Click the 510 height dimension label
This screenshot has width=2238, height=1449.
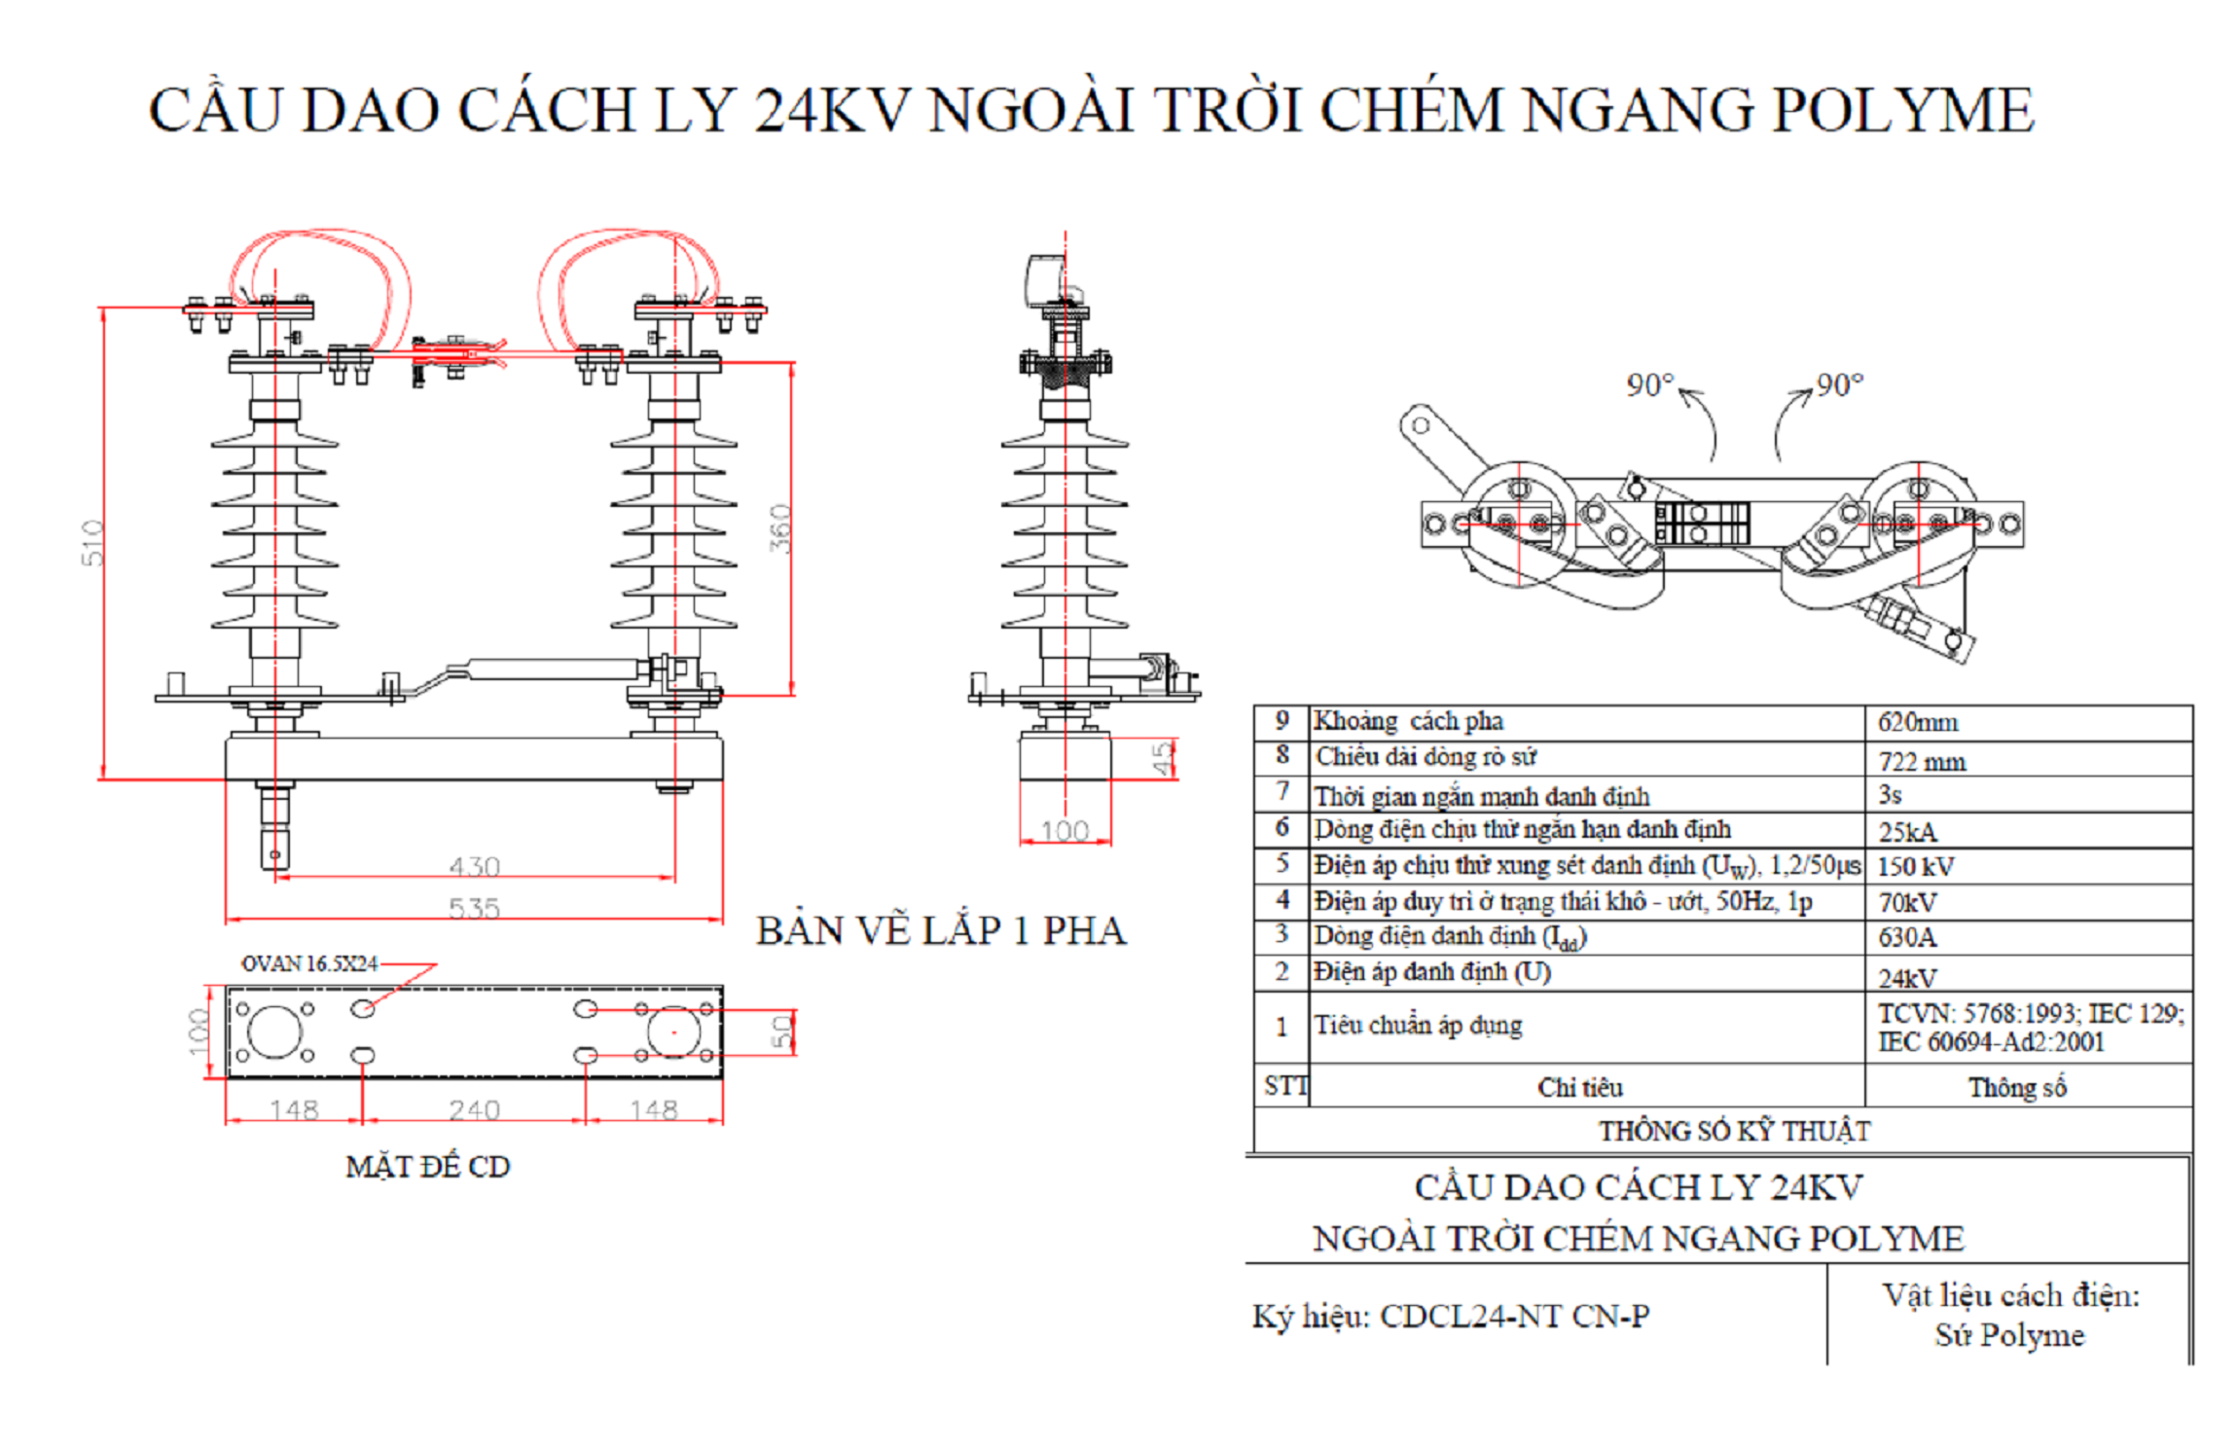(91, 542)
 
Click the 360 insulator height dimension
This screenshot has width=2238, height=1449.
(780, 528)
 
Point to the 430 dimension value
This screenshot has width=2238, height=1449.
(475, 866)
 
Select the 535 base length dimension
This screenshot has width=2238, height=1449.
(475, 908)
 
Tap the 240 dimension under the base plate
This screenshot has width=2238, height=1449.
(475, 1109)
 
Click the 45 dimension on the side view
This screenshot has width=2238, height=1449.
(1162, 758)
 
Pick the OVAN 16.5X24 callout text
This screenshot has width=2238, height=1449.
(309, 963)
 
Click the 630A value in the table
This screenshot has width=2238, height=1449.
(1907, 937)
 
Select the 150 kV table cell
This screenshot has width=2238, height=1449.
(1915, 866)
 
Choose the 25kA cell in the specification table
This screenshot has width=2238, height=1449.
(1907, 832)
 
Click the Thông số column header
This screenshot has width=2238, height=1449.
(2017, 1087)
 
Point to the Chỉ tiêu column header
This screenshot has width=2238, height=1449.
(1580, 1087)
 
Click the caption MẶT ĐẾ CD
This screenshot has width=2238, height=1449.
(427, 1166)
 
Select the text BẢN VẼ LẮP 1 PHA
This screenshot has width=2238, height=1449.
(941, 931)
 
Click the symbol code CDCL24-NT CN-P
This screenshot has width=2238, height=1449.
(1514, 1316)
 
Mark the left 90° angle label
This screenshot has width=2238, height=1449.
(1650, 385)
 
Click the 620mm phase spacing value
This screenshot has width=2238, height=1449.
(1917, 722)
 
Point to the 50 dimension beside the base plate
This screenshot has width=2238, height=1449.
(782, 1032)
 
